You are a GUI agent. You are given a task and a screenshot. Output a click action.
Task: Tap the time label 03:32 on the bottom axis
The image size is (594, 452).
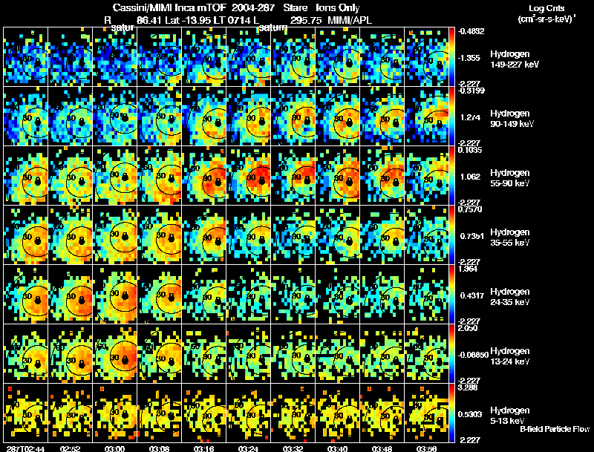pos(293,448)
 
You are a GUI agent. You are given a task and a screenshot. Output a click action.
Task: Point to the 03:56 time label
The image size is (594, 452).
pos(427,448)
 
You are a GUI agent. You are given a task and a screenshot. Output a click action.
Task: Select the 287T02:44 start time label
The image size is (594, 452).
pos(24,448)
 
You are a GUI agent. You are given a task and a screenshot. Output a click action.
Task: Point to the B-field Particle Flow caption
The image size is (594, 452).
pos(554,430)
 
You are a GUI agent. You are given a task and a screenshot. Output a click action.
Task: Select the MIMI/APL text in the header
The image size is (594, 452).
pos(350,21)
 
